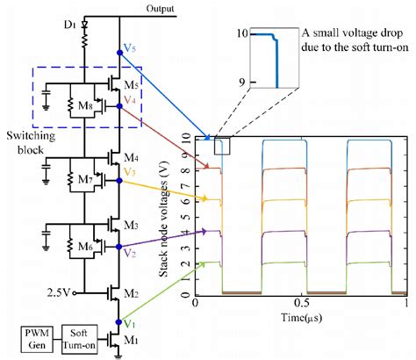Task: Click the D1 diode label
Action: pyautogui.click(x=75, y=20)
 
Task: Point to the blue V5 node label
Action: pyautogui.click(x=131, y=51)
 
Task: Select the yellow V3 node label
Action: pyautogui.click(x=131, y=173)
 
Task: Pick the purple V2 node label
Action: pyautogui.click(x=131, y=253)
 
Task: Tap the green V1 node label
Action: pyautogui.click(x=130, y=323)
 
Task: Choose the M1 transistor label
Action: pyautogui.click(x=130, y=341)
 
